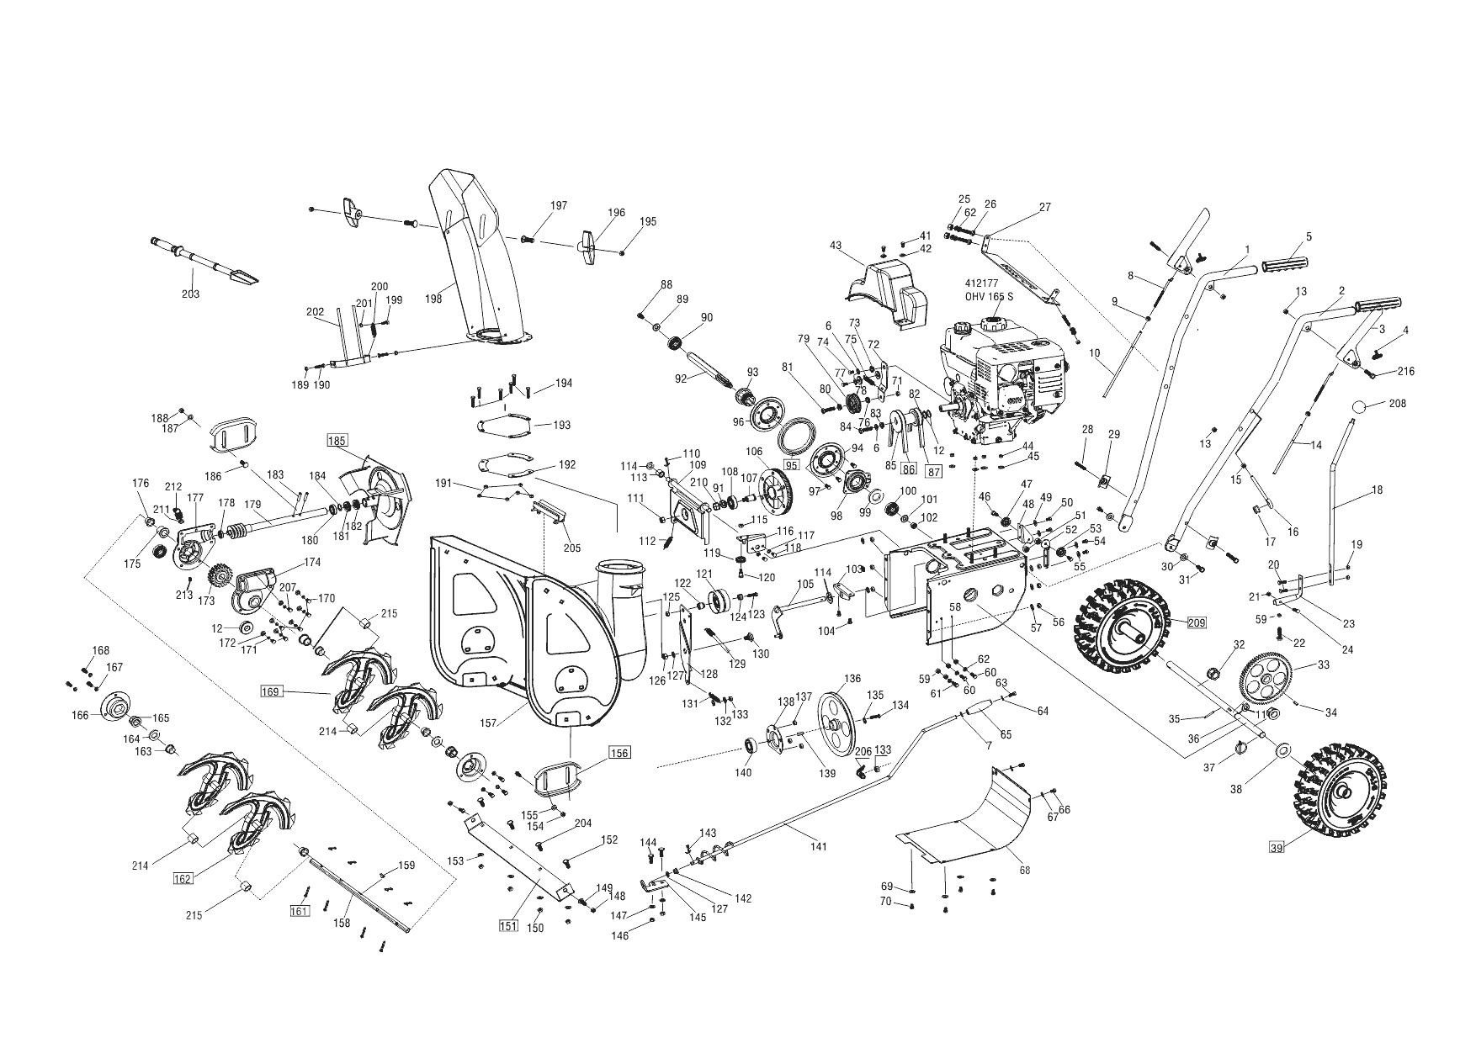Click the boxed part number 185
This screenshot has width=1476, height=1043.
[337, 440]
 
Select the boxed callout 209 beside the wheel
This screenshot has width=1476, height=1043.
[1196, 623]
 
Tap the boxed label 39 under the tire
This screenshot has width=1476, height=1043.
[1277, 848]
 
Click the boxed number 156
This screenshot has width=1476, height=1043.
[619, 753]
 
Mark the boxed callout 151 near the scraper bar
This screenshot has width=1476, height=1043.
[507, 926]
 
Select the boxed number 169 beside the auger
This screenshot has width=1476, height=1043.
[270, 692]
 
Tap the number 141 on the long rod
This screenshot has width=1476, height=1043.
[818, 846]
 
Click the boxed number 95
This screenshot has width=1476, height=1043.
[791, 464]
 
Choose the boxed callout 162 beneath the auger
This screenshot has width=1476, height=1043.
[183, 879]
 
